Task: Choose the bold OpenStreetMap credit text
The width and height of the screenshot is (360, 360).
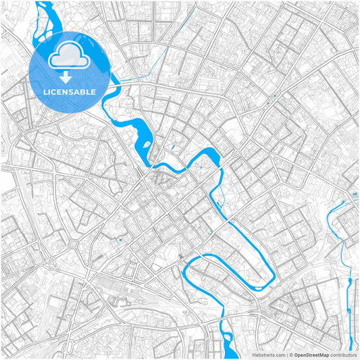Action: point(311,354)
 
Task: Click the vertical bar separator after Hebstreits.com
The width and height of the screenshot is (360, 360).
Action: point(285,354)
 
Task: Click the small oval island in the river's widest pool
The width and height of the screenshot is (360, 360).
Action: point(144,143)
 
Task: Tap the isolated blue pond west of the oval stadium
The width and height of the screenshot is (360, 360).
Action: point(120,239)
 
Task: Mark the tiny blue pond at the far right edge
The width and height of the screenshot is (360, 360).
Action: point(355,194)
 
